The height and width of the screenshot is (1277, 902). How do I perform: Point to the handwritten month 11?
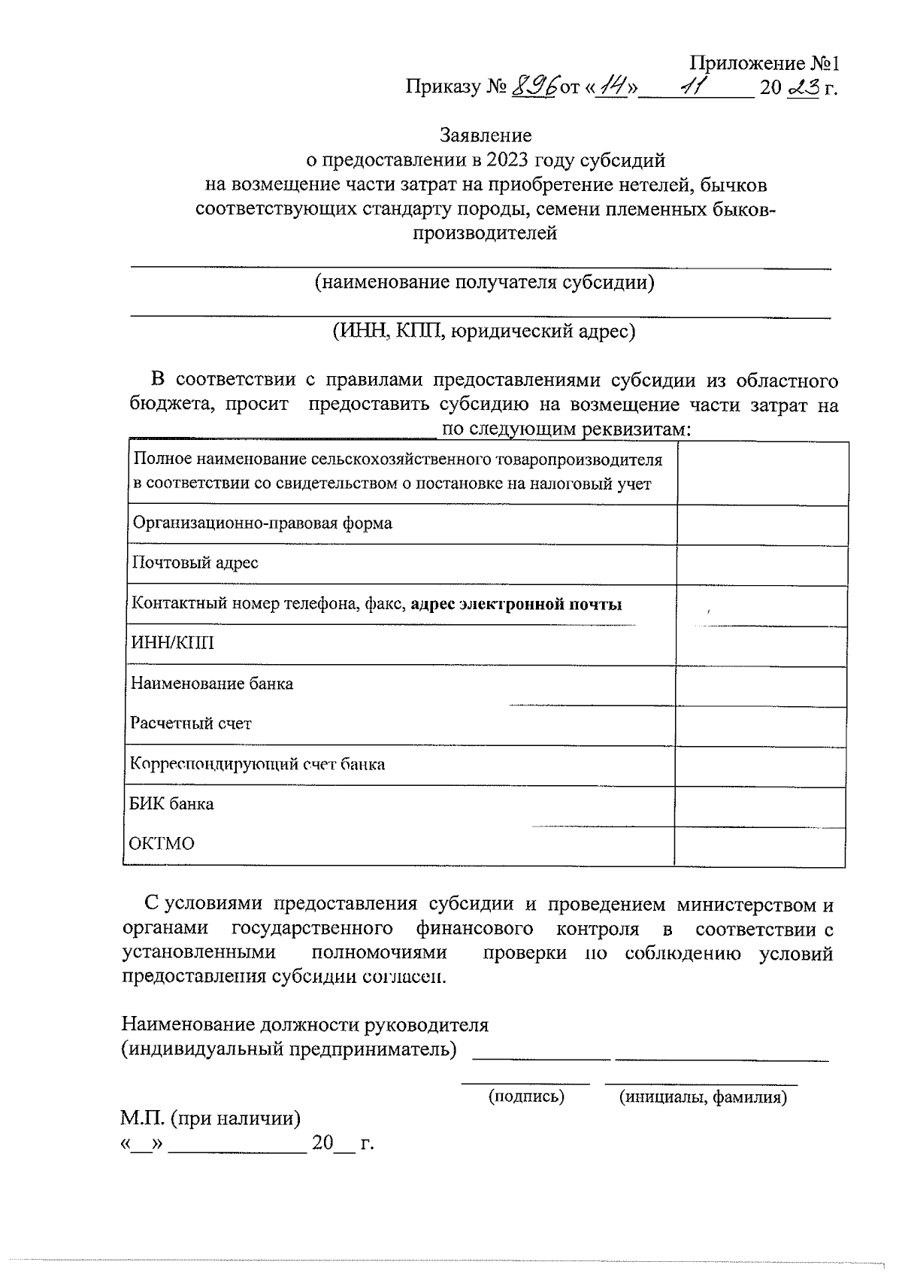click(x=689, y=88)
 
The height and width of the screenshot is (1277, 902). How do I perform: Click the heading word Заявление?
click(x=486, y=135)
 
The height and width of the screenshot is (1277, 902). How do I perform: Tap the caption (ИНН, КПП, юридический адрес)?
click(x=485, y=331)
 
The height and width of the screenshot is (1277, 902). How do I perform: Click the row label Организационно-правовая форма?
click(x=262, y=523)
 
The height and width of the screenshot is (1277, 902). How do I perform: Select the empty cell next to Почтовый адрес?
click(x=762, y=564)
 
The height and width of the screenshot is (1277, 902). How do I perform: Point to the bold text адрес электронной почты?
click(x=516, y=604)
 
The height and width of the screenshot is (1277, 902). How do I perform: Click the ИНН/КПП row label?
click(x=172, y=643)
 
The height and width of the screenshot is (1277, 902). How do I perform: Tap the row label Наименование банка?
click(x=211, y=684)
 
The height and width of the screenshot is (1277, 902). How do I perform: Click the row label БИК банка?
click(x=171, y=804)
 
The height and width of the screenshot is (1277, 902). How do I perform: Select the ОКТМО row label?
click(x=162, y=844)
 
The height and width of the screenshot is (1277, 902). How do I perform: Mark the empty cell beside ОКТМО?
click(x=760, y=846)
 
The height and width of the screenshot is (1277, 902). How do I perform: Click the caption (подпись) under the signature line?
click(x=526, y=1097)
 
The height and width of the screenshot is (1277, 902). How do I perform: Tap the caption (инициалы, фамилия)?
click(x=703, y=1097)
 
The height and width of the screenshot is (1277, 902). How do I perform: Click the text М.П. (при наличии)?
click(x=211, y=1119)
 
